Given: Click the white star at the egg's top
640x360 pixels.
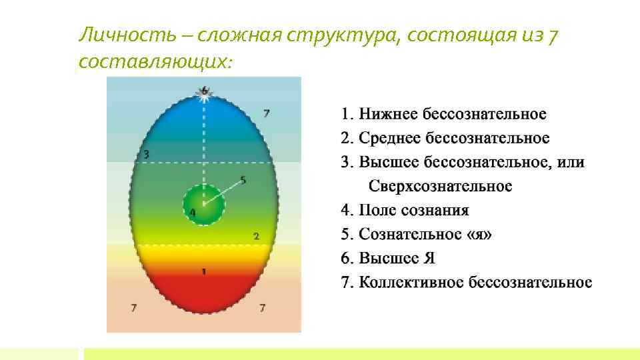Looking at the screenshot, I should [x=204, y=95].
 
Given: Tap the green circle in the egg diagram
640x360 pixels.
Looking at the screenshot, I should [x=203, y=205].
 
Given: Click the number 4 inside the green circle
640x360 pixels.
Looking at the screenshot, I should [x=193, y=213].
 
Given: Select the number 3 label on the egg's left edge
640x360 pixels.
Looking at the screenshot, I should [x=146, y=155].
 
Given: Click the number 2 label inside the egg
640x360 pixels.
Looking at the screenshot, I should [x=256, y=236].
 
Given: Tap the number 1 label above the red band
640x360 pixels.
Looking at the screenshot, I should [x=204, y=271].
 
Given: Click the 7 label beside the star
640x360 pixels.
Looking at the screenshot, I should [x=266, y=113].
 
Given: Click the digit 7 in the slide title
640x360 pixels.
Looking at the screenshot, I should [x=553, y=35].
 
